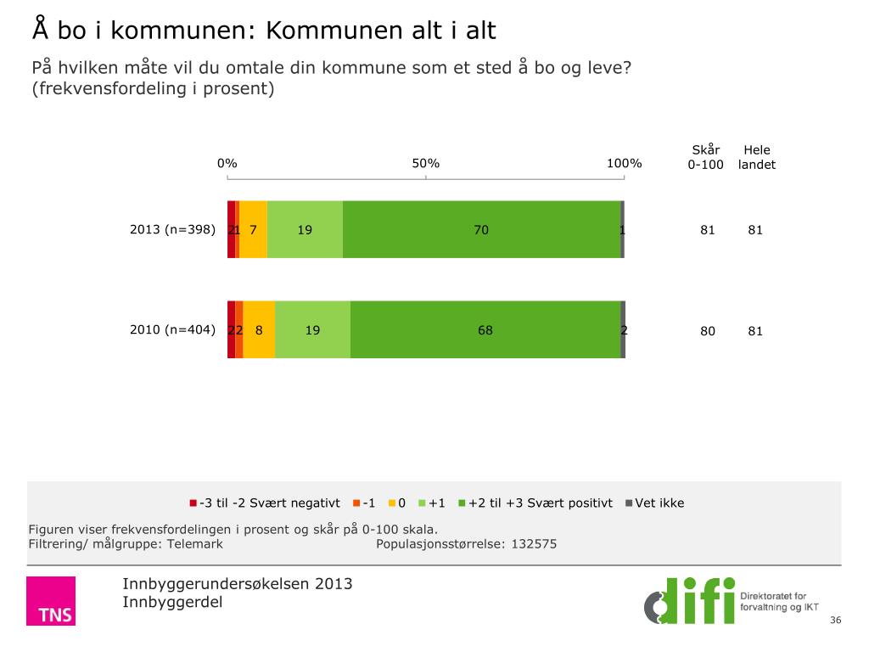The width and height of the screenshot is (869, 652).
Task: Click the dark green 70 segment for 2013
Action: pyautogui.click(x=481, y=229)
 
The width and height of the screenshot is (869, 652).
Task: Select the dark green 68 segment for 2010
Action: pyautogui.click(x=485, y=329)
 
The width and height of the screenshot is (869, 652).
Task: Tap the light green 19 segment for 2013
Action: pyautogui.click(x=305, y=229)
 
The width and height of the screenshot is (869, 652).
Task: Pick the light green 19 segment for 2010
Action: pyautogui.click(x=312, y=329)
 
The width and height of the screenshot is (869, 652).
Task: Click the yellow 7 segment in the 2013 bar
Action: pyautogui.click(x=254, y=229)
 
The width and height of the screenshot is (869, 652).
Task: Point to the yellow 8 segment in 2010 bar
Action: pyautogui.click(x=259, y=329)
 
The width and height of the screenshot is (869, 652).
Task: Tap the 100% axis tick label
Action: pyautogui.click(x=624, y=164)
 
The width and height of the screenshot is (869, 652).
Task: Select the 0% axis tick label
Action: pyautogui.click(x=227, y=164)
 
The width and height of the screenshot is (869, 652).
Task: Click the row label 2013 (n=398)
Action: pyautogui.click(x=172, y=229)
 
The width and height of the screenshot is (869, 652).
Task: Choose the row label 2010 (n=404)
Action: pyautogui.click(x=172, y=330)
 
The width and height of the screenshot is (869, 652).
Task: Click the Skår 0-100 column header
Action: pyautogui.click(x=705, y=158)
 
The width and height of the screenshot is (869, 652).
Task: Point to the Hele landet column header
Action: pyautogui.click(x=756, y=158)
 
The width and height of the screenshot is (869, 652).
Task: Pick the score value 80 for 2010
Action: pyautogui.click(x=708, y=331)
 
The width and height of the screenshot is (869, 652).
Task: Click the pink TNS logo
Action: pyautogui.click(x=50, y=601)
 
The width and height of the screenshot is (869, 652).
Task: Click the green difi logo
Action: pyautogui.click(x=689, y=600)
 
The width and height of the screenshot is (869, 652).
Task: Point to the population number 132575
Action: pyautogui.click(x=533, y=544)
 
